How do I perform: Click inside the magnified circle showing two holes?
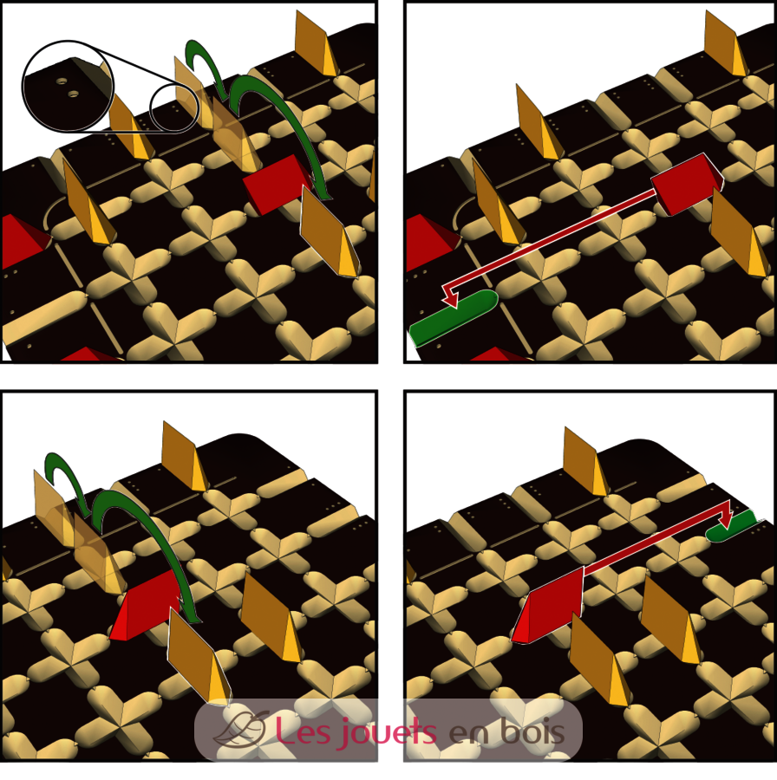click(x=69, y=87)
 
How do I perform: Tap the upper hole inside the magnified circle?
click(x=62, y=81)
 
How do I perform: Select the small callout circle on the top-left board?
click(x=174, y=109)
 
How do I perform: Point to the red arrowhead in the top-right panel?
click(x=450, y=297)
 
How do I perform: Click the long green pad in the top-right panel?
click(x=454, y=318)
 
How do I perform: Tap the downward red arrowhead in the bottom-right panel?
click(x=726, y=519)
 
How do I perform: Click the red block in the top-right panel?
click(x=687, y=184)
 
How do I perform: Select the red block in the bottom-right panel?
click(x=547, y=604)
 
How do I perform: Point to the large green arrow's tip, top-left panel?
click(x=326, y=198)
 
